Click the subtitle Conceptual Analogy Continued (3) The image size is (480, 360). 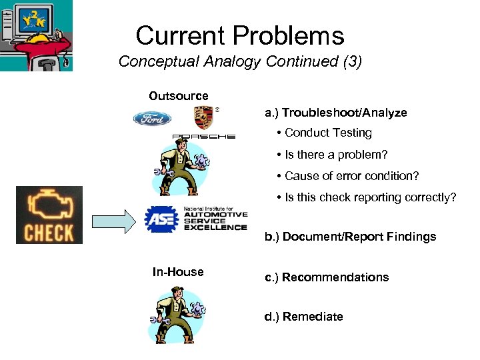point(240,62)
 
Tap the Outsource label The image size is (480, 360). point(179,96)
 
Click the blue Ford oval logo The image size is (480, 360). point(152,119)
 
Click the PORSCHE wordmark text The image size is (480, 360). point(203,137)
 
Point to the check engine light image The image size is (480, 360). point(49,215)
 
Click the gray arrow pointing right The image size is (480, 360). point(114,221)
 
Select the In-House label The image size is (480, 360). point(178,272)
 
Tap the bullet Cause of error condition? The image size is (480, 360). point(347,176)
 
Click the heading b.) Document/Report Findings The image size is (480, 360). point(350,237)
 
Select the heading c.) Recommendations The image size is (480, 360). point(327,277)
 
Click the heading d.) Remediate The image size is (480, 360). point(303,317)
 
